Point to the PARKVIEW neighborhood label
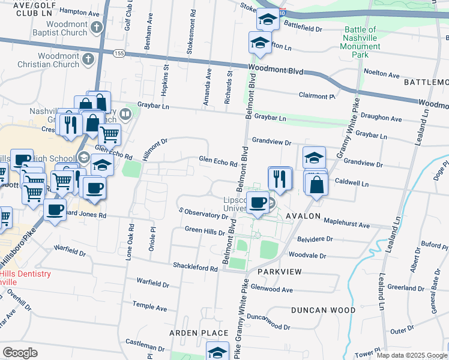[x=279, y=272]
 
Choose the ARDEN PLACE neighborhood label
[x=198, y=333]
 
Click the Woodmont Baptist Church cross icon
[x=96, y=27]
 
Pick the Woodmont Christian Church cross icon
[x=88, y=59]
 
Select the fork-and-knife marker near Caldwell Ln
[x=280, y=178]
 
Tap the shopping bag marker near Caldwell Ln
[x=316, y=185]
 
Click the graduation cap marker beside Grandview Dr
[x=314, y=158]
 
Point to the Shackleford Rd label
[x=195, y=268]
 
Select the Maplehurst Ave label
[x=346, y=223]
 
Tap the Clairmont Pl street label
[x=316, y=95]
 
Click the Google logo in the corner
[x=20, y=353]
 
